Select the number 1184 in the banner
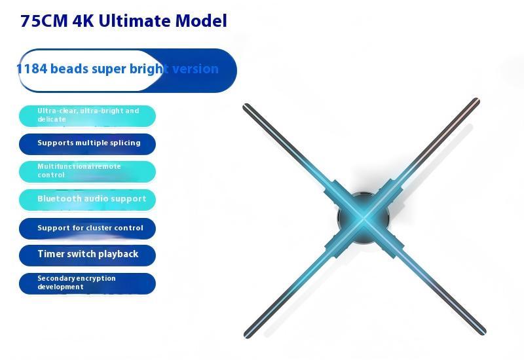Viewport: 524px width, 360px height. [x=31, y=69]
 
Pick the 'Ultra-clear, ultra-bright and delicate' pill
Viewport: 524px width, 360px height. [x=87, y=115]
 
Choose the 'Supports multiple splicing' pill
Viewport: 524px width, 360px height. [x=87, y=143]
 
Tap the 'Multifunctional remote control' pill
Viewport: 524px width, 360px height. [x=87, y=171]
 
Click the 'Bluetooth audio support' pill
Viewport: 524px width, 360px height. [x=87, y=199]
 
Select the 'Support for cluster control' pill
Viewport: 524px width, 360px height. [x=87, y=228]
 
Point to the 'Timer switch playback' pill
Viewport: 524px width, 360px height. [x=87, y=255]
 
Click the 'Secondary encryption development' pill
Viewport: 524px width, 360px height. [x=87, y=283]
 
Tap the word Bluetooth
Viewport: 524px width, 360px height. [x=60, y=199]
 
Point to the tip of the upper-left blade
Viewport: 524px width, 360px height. [x=246, y=107]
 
